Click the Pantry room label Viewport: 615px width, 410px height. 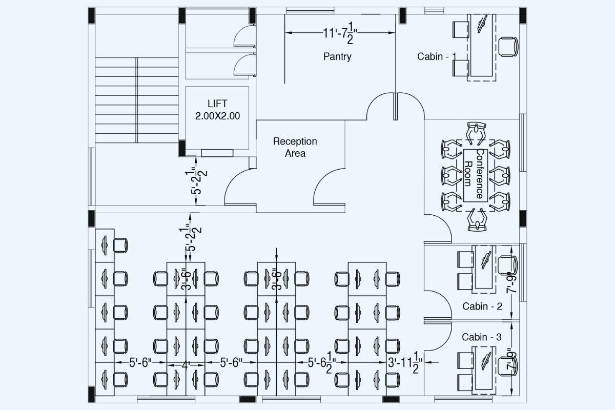[x=337, y=56]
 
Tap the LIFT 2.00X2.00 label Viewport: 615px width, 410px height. [x=217, y=110]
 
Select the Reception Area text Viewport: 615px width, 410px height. [x=295, y=147]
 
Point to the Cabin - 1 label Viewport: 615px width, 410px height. [x=436, y=56]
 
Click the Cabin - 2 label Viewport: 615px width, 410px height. [x=482, y=306]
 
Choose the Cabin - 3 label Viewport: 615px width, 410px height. [x=482, y=337]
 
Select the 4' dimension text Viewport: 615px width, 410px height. [x=186, y=365]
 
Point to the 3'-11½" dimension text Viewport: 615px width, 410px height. [x=404, y=363]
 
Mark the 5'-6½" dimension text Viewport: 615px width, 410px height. [x=322, y=363]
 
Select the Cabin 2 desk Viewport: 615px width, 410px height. [x=483, y=268]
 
